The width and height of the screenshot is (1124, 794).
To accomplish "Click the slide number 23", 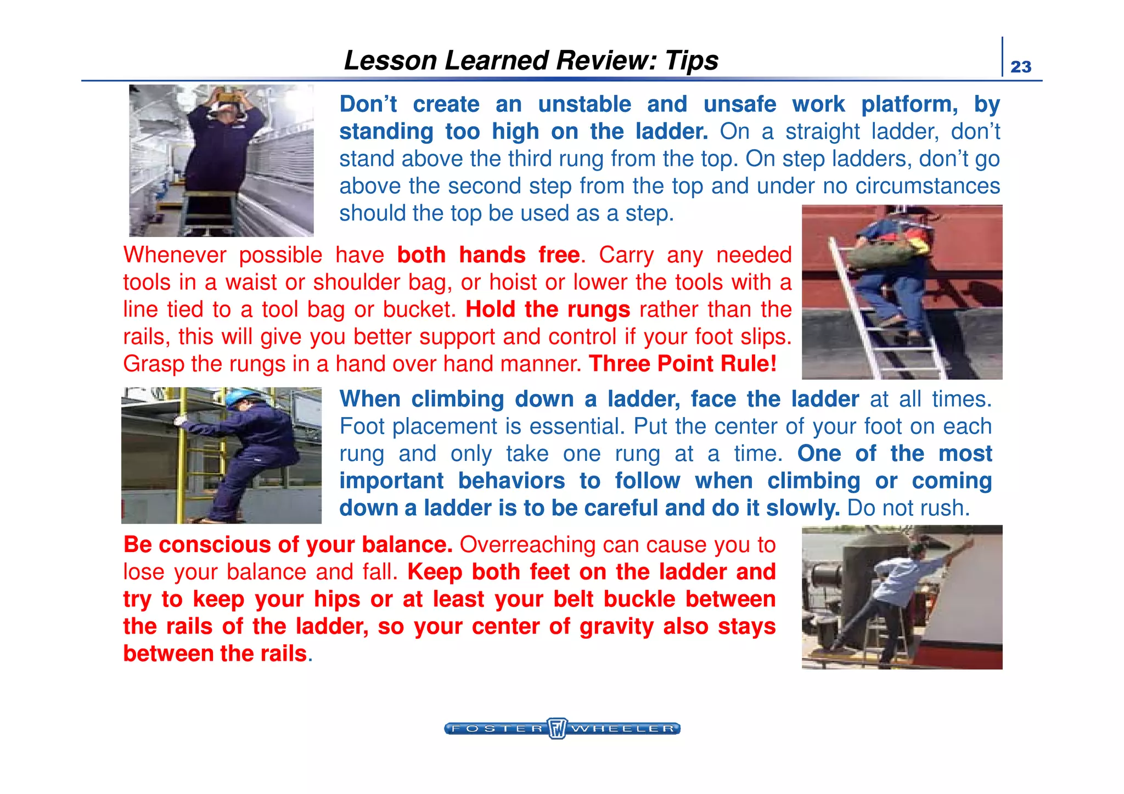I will [1021, 66].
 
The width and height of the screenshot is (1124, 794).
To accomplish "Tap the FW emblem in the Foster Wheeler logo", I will [557, 728].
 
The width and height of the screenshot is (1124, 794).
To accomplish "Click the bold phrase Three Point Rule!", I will [683, 364].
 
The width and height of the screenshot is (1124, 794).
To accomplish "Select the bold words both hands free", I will [488, 255].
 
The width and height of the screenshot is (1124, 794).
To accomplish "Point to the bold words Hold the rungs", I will [548, 309].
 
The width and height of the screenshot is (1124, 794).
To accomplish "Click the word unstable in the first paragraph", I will [585, 104].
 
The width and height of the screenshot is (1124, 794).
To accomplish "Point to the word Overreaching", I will [527, 545].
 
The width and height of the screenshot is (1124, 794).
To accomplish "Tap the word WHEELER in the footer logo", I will [623, 729].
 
